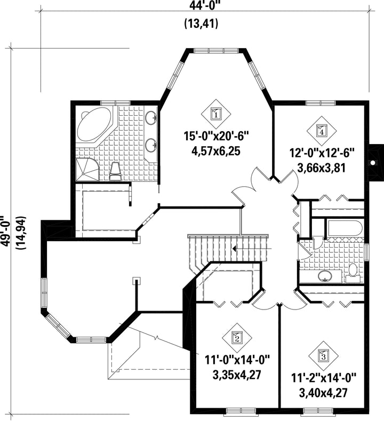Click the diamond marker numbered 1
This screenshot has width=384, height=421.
pyautogui.click(x=216, y=114)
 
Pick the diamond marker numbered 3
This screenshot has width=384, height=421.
pyautogui.click(x=323, y=355)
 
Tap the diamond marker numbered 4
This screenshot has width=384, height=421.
pyautogui.click(x=322, y=131)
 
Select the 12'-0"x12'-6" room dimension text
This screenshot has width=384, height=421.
pyautogui.click(x=322, y=154)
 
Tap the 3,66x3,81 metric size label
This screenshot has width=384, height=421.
pyautogui.click(x=321, y=168)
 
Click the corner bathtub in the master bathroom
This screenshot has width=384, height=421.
pyautogui.click(x=94, y=123)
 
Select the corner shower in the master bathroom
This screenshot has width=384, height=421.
pyautogui.click(x=88, y=170)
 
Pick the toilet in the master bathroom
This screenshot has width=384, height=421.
pyautogui.click(x=116, y=171)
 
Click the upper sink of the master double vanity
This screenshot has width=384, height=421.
pyautogui.click(x=151, y=117)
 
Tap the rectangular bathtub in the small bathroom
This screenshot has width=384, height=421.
pyautogui.click(x=344, y=229)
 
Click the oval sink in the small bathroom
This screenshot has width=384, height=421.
pyautogui.click(x=325, y=276)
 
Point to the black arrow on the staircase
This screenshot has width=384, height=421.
pyautogui.click(x=234, y=249)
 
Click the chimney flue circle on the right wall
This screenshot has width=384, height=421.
pyautogui.click(x=373, y=163)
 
